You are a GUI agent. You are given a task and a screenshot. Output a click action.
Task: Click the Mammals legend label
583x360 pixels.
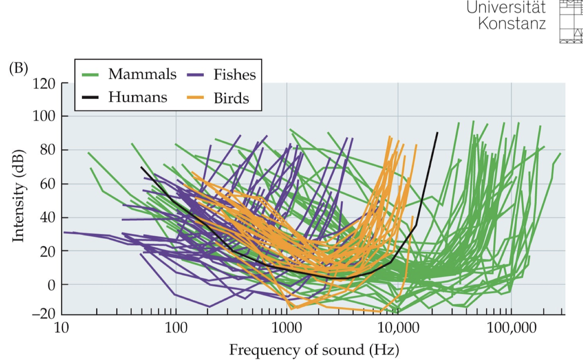[x=143, y=74]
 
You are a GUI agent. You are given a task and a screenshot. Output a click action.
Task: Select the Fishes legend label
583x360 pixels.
[x=235, y=74]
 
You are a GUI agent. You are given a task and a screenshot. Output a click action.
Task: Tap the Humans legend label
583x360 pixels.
[x=138, y=97]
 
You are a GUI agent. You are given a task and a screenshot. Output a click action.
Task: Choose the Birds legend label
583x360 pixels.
[x=231, y=98]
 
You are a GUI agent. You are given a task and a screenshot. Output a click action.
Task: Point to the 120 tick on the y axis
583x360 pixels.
[x=42, y=83]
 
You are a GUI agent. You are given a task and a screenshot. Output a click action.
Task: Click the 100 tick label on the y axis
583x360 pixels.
[x=42, y=116]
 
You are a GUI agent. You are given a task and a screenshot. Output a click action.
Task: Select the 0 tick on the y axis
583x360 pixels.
[x=50, y=284]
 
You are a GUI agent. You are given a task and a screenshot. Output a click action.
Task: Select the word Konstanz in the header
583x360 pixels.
[x=512, y=23]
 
